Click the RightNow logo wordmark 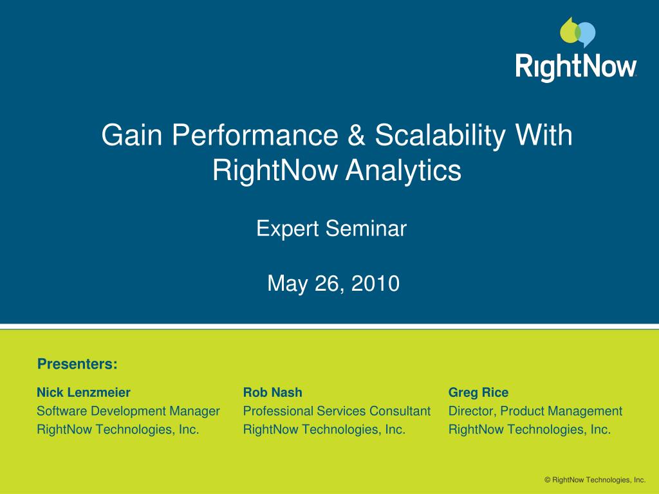pos(576,66)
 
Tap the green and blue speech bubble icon pos(577,32)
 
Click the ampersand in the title pos(357,135)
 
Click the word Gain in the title pos(131,135)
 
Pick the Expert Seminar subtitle pos(331,230)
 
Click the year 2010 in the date pos(375,283)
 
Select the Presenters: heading pos(77,364)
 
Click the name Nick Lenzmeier pos(84,392)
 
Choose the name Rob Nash pos(272,392)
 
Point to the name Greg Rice pos(478,393)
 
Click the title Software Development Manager pos(128,411)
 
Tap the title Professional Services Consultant pos(337,411)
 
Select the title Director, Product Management pos(535,411)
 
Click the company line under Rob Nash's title pos(324,430)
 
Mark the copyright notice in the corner pos(595,480)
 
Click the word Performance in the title pos(255,135)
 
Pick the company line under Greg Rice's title pos(530,430)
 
